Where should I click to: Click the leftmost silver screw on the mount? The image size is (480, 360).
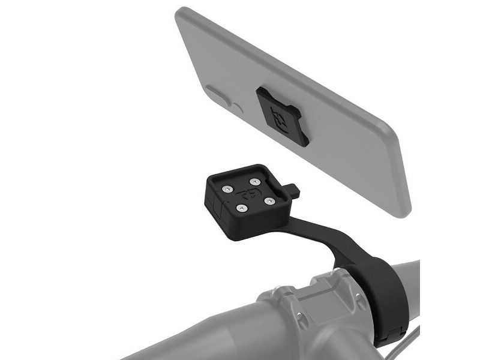[226, 189]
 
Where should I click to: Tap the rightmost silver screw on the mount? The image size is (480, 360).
[266, 194]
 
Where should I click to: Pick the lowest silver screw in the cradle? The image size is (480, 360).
[242, 208]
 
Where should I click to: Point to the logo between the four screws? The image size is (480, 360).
[247, 194]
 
